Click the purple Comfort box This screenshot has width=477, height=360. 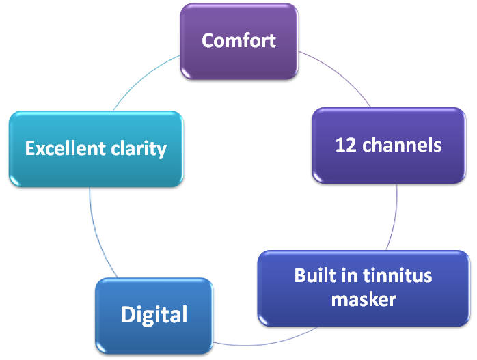coord(239,42)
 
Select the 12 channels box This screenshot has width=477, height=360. coord(389,146)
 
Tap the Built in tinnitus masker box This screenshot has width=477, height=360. coord(364,288)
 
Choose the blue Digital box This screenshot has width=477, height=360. coord(154,316)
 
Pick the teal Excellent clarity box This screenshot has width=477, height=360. coord(96,149)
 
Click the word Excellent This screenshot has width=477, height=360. coord(66,148)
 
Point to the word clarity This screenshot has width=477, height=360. coord(139,150)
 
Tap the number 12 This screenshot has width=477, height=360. coord(346,145)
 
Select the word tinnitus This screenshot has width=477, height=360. coord(398,275)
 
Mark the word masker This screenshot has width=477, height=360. coord(364,299)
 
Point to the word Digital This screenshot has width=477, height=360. coord(154,315)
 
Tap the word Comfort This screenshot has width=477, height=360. coord(238,40)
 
